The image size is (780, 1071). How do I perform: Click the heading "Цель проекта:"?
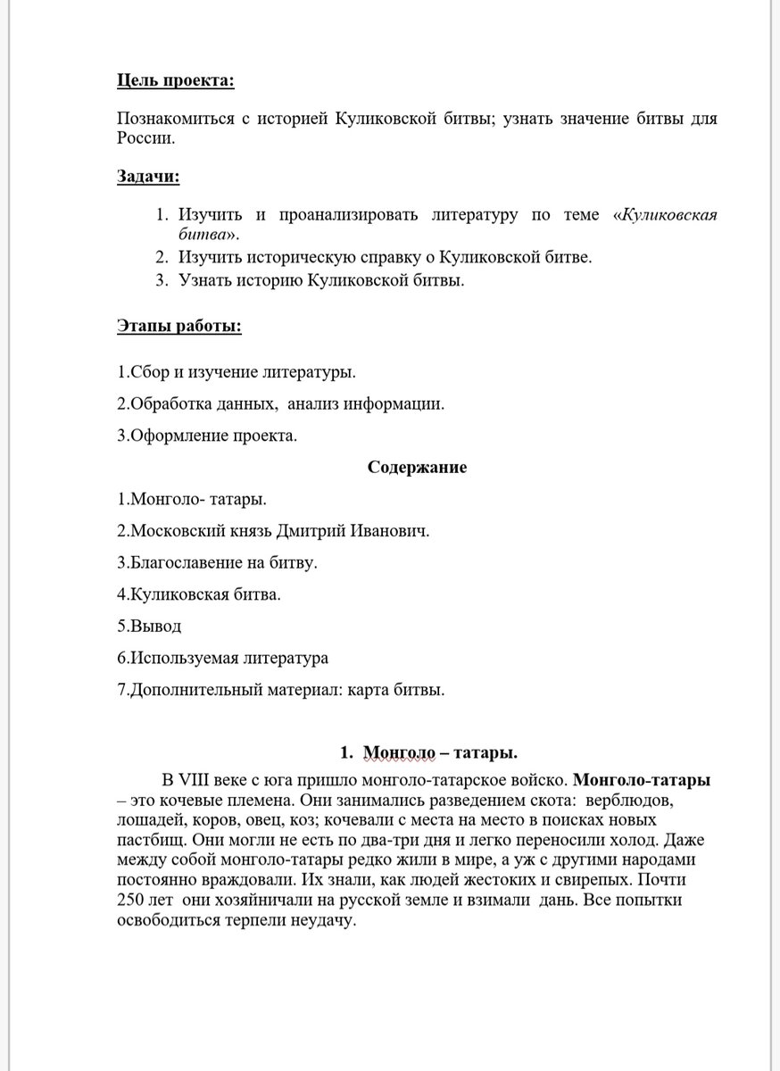pyautogui.click(x=176, y=81)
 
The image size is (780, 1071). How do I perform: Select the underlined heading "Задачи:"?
pyautogui.click(x=148, y=176)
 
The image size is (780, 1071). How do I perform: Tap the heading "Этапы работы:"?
pyautogui.click(x=179, y=326)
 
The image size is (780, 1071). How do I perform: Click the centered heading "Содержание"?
pyautogui.click(x=417, y=467)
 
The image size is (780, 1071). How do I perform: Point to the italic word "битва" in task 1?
pyautogui.click(x=201, y=235)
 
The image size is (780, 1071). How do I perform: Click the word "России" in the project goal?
pyautogui.click(x=145, y=138)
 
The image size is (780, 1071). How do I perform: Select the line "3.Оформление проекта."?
pyautogui.click(x=207, y=436)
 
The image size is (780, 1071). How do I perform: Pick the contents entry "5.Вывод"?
pyautogui.click(x=148, y=626)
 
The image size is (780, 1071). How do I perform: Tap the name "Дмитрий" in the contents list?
pyautogui.click(x=303, y=530)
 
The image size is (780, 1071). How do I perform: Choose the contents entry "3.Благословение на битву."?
pyautogui.click(x=218, y=562)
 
